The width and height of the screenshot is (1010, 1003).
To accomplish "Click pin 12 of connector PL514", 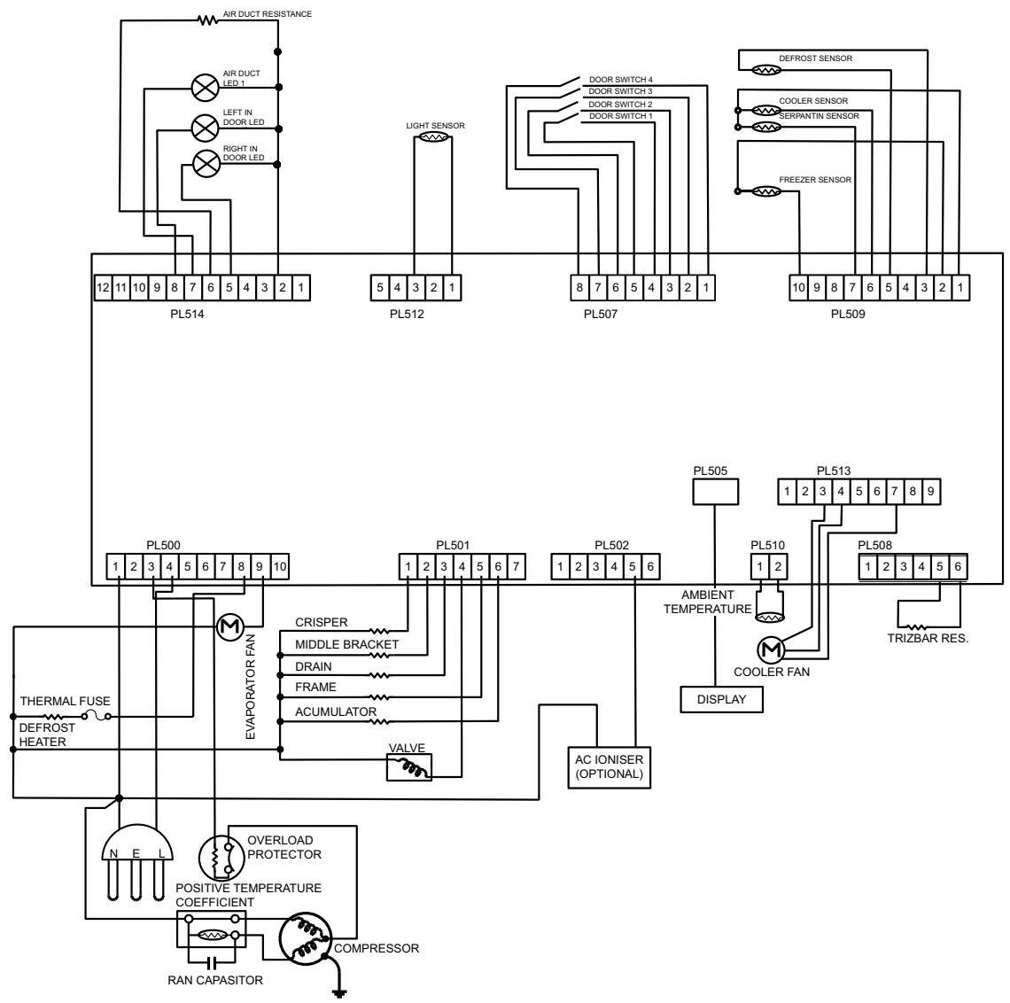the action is [103, 288].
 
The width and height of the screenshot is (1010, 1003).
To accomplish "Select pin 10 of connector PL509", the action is [799, 288].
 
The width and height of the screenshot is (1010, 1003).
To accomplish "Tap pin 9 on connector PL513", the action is [931, 492].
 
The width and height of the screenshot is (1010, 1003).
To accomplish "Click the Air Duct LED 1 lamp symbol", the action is [206, 87].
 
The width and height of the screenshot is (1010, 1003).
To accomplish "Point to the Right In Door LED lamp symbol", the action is [206, 164].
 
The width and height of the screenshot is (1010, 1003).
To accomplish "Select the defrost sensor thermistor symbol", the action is [766, 70].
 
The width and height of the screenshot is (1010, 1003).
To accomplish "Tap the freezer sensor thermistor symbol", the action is [766, 191].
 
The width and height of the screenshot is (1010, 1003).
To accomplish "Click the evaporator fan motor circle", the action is [229, 626].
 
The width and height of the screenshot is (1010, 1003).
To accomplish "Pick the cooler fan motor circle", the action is [771, 650].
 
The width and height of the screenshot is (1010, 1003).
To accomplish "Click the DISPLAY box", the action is [721, 700].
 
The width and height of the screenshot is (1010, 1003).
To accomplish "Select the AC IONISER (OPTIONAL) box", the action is [609, 767].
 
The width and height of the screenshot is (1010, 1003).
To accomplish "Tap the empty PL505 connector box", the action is [715, 492].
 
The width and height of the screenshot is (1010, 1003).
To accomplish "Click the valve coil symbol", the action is [409, 767].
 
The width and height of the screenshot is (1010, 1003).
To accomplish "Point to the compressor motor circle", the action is [306, 938].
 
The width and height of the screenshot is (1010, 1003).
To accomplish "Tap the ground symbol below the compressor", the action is [338, 991].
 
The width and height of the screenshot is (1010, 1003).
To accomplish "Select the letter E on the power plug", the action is [136, 853].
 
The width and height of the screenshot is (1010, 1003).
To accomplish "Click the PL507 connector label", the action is [601, 315].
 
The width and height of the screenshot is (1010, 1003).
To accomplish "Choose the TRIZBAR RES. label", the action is [928, 638].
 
